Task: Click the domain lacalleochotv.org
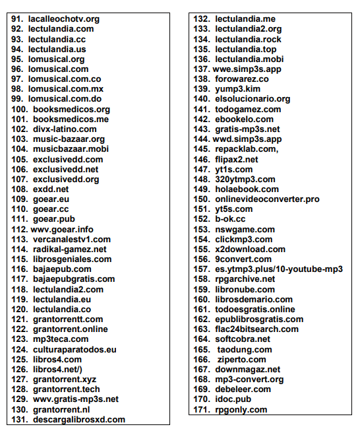[63, 19]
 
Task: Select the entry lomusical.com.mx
[66, 89]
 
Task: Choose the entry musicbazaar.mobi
[71, 149]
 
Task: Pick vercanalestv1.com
[72, 239]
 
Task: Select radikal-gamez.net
[69, 249]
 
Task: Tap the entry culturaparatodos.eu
[75, 349]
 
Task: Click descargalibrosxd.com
[78, 419]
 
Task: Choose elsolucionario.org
[253, 99]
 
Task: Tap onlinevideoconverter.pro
[267, 199]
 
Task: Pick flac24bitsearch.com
[256, 329]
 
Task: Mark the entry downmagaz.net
[247, 370]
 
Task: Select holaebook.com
[247, 189]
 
